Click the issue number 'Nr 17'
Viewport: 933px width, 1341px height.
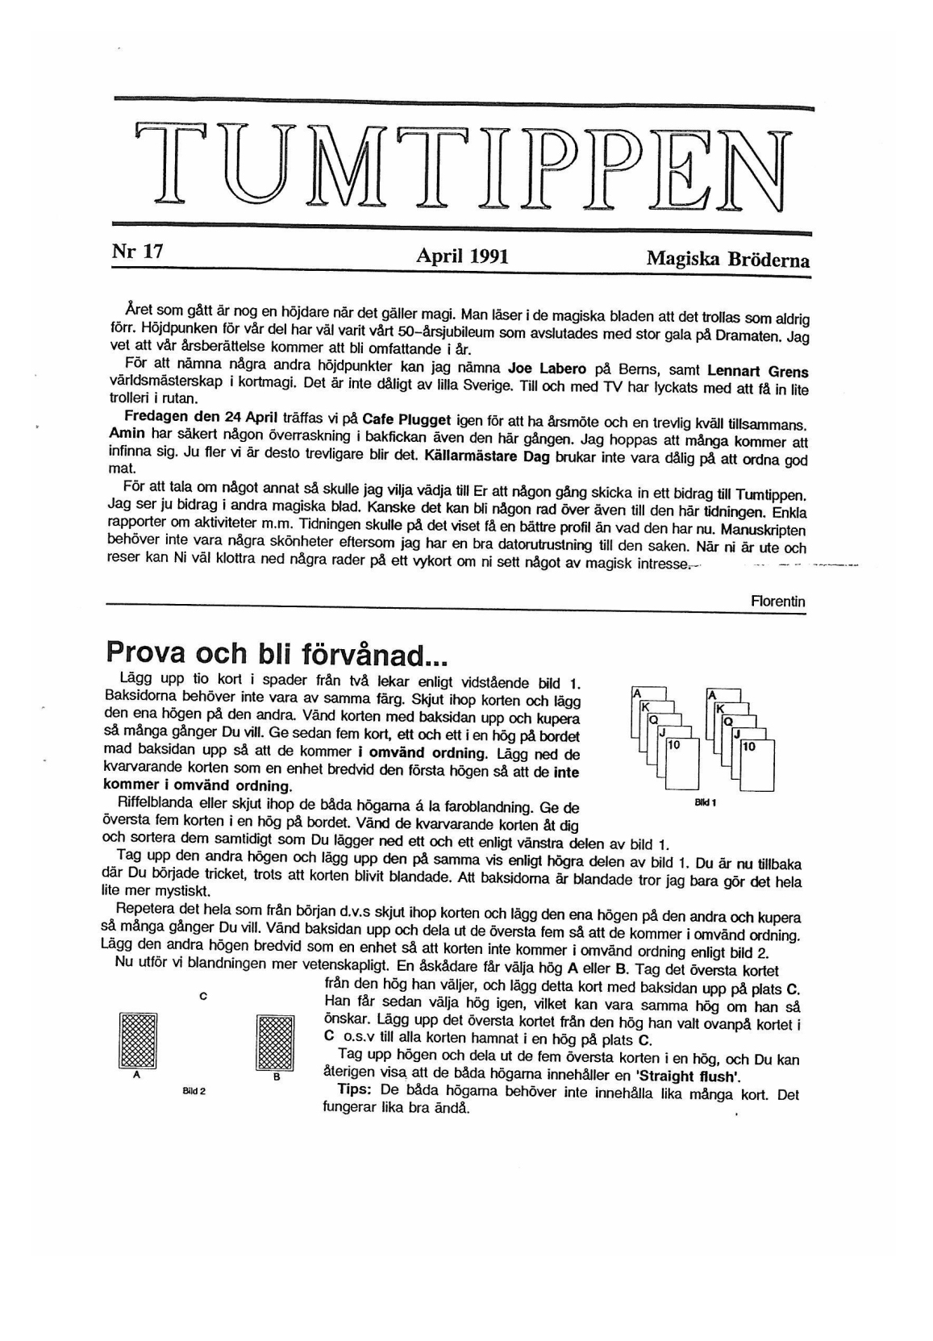[137, 252]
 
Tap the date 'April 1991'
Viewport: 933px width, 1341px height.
[462, 256]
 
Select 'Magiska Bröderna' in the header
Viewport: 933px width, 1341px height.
[727, 260]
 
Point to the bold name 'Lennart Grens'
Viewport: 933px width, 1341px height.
[757, 372]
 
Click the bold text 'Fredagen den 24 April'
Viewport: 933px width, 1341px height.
[201, 417]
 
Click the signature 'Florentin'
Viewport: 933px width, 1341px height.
[777, 602]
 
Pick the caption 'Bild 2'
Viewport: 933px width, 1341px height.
[194, 1090]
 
